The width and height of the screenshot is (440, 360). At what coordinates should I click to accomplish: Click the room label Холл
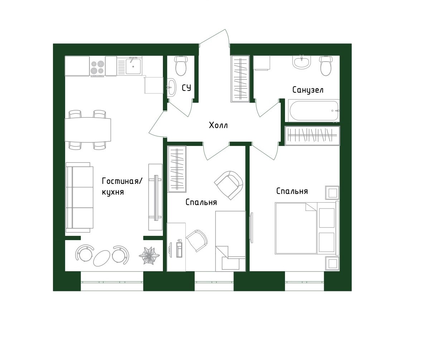coord(218,126)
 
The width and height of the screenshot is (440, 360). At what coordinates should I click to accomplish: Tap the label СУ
coord(186,88)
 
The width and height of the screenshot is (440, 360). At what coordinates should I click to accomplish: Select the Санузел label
coord(308,89)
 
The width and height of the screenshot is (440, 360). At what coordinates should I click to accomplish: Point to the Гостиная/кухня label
coord(122,186)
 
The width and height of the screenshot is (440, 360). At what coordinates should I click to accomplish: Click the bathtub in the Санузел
coord(313,111)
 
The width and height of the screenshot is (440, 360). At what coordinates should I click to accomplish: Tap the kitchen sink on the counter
coord(133,66)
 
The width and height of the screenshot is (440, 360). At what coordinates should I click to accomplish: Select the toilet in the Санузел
coord(326,66)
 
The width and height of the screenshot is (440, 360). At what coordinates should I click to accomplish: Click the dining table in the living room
coord(87,130)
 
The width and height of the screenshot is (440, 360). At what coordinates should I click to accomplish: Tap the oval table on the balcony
coord(102,257)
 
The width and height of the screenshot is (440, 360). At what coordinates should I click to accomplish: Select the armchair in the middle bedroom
coord(229,185)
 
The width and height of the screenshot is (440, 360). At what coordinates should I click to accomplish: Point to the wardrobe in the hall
coord(240,79)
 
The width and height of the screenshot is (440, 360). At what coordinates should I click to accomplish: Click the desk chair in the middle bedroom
coord(197,240)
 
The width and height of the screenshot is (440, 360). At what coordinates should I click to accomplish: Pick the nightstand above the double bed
coord(332,193)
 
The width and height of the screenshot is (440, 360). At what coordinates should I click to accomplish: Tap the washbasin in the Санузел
coord(301,62)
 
